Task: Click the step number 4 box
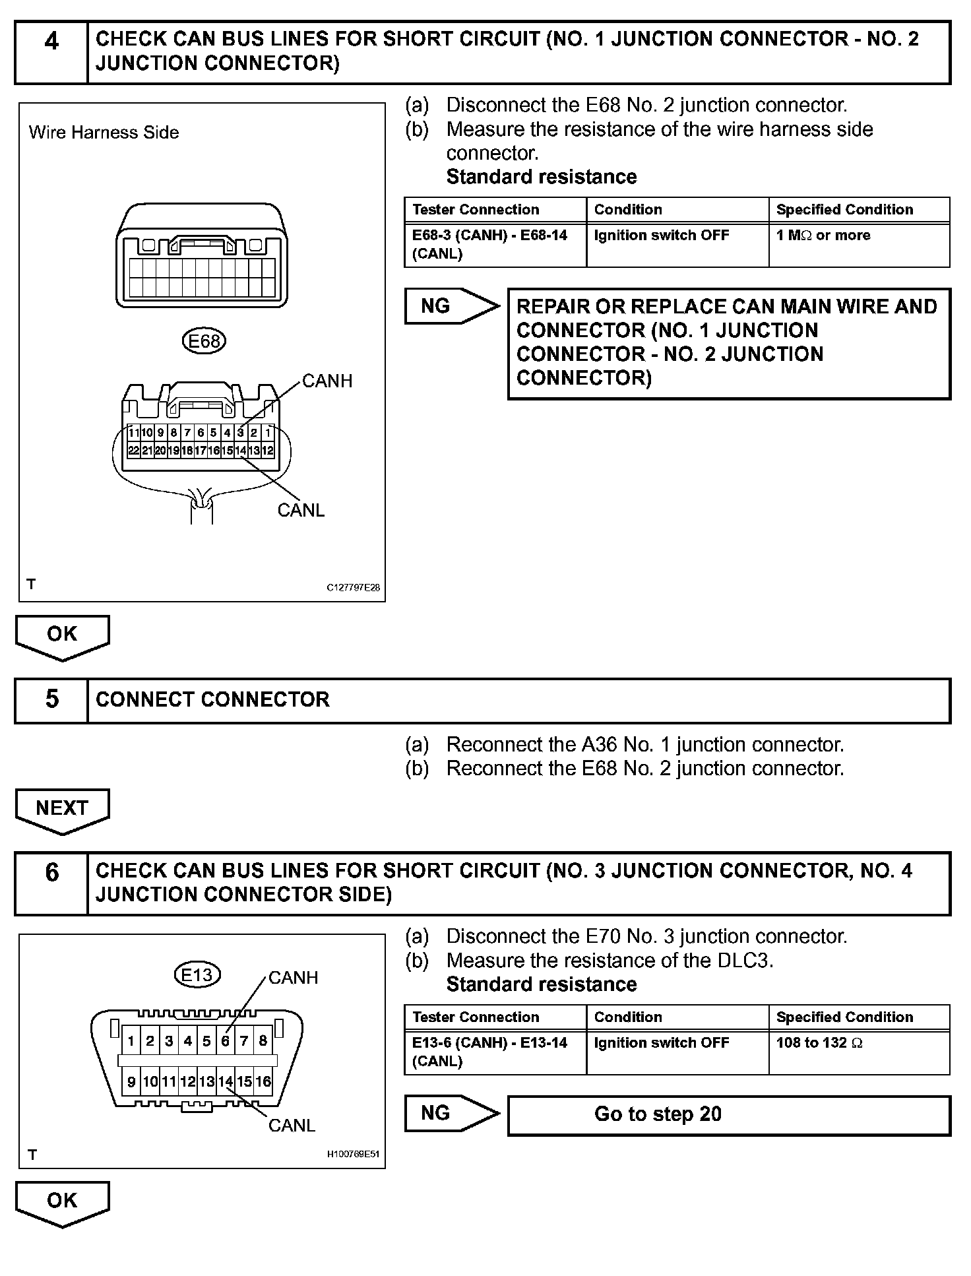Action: (51, 52)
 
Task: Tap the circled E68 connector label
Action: (204, 341)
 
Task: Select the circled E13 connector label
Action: (197, 974)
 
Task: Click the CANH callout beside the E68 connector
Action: (327, 381)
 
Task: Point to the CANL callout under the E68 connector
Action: (301, 510)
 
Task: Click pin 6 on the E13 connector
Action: (225, 1041)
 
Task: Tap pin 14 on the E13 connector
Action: (226, 1081)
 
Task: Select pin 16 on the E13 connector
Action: (263, 1081)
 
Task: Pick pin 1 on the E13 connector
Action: (131, 1041)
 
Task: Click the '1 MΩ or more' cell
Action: (859, 244)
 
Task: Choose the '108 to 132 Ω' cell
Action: (859, 1052)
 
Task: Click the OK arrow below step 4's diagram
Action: (62, 635)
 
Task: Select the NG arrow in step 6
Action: (451, 1114)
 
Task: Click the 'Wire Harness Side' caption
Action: (104, 133)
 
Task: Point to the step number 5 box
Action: (51, 700)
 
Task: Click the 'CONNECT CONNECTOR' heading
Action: (212, 700)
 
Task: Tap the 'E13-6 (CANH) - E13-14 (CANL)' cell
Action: (495, 1052)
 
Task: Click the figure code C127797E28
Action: (353, 588)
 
